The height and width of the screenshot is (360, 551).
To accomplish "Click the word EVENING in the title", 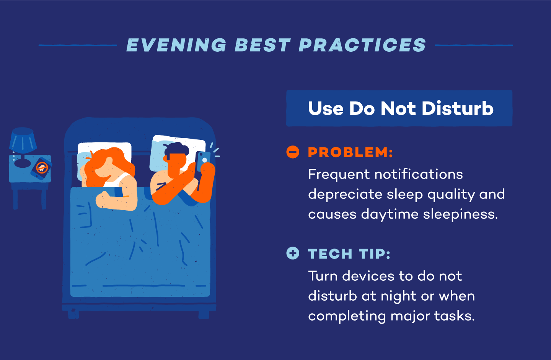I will pyautogui.click(x=176, y=45).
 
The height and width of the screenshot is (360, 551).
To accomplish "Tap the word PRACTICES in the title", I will pyautogui.click(x=362, y=45).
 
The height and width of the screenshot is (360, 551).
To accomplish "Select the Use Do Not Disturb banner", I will pyautogui.click(x=399, y=108).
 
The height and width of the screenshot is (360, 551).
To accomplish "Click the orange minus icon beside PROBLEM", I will pyautogui.click(x=293, y=152).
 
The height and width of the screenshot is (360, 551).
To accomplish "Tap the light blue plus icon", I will pyautogui.click(x=293, y=253).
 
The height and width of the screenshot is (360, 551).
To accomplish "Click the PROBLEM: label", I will pyautogui.click(x=350, y=152).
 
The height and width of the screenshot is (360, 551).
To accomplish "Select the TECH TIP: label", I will pyautogui.click(x=349, y=254).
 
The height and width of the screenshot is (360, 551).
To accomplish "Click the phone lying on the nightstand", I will pyautogui.click(x=41, y=168).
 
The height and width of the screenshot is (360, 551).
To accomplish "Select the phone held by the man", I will pyautogui.click(x=203, y=161).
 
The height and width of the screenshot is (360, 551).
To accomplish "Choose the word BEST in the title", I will pyautogui.click(x=262, y=45).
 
